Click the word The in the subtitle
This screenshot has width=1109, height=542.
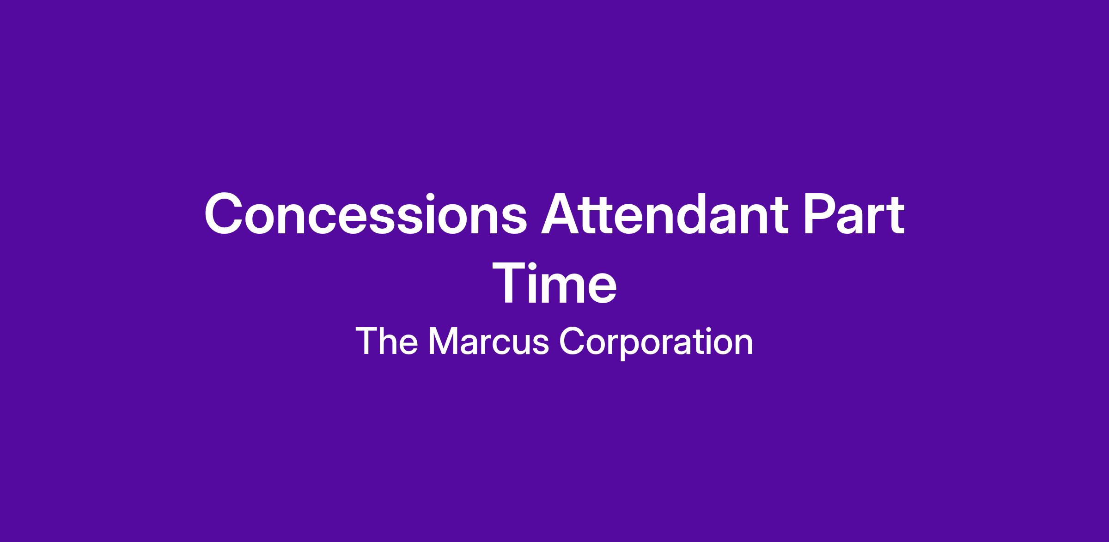(387, 341)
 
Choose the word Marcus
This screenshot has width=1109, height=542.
(489, 341)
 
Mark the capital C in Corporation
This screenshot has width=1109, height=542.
(573, 341)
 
